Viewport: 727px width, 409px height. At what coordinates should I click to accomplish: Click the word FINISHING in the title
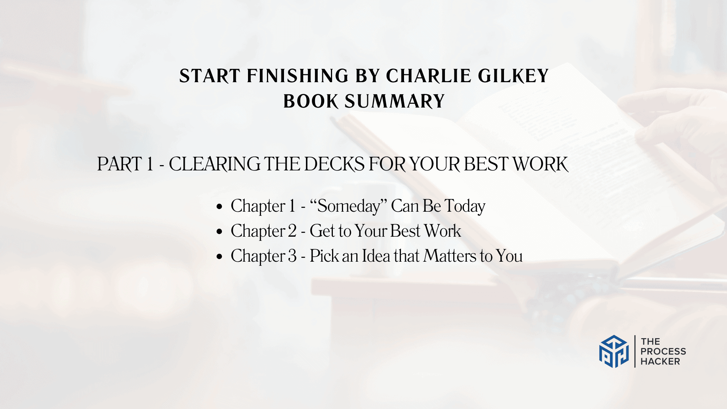[x=298, y=76]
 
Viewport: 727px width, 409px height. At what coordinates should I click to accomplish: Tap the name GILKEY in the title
[x=513, y=76]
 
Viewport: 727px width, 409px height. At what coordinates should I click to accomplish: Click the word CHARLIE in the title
[x=428, y=76]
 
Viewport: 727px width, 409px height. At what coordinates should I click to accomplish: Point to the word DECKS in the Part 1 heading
[x=334, y=164]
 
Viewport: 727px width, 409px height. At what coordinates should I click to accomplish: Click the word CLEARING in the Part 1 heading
[x=214, y=164]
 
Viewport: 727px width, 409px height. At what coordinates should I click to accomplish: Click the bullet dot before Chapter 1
[x=219, y=207]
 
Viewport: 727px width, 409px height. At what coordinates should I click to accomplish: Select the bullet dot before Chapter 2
[x=219, y=231]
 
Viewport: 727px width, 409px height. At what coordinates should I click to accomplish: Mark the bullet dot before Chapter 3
[x=219, y=256]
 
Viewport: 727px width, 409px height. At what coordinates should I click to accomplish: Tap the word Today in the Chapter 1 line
[x=465, y=207]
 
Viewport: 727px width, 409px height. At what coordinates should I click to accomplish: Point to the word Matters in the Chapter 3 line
[x=449, y=256]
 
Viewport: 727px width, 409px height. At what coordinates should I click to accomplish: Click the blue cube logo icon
[x=614, y=351]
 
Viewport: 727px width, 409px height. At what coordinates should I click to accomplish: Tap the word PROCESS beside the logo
[x=663, y=351]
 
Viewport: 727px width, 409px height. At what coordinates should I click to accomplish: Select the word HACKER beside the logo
[x=660, y=362]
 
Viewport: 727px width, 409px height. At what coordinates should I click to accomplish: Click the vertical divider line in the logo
[x=635, y=351]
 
